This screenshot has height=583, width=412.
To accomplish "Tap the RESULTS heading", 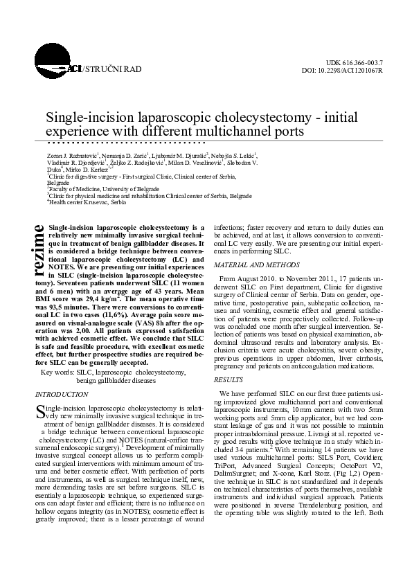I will pyautogui.click(x=228, y=380).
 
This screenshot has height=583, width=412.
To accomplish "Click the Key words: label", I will pyautogui.click(x=59, y=372).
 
